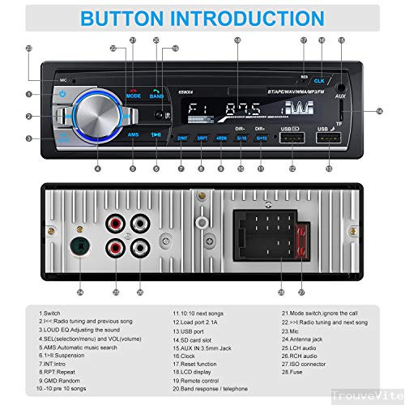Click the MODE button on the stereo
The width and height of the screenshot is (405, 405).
click(x=134, y=95)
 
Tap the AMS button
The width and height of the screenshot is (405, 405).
click(x=134, y=132)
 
